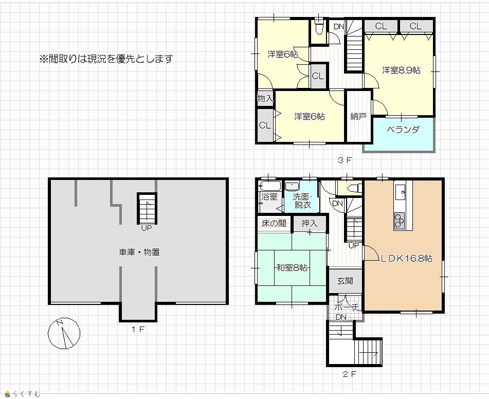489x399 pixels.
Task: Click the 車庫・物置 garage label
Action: (139, 252)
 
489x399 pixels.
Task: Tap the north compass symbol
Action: (64, 333)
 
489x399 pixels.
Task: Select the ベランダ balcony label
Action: (403, 129)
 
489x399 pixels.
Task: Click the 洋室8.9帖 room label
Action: (402, 70)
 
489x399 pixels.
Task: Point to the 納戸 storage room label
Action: (358, 116)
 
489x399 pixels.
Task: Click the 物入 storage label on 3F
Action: (265, 99)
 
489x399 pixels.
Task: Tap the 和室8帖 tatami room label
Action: (292, 268)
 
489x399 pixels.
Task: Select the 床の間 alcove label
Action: (274, 223)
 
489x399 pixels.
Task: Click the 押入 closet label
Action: (310, 223)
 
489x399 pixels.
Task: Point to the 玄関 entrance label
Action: (345, 281)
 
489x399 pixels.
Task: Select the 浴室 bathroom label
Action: (269, 197)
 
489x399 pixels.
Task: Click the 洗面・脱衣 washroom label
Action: (302, 201)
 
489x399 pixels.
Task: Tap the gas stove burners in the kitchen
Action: (399, 221)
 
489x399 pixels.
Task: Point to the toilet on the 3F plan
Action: (319, 27)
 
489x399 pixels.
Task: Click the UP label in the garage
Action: (146, 228)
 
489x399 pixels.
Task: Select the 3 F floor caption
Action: (345, 160)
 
